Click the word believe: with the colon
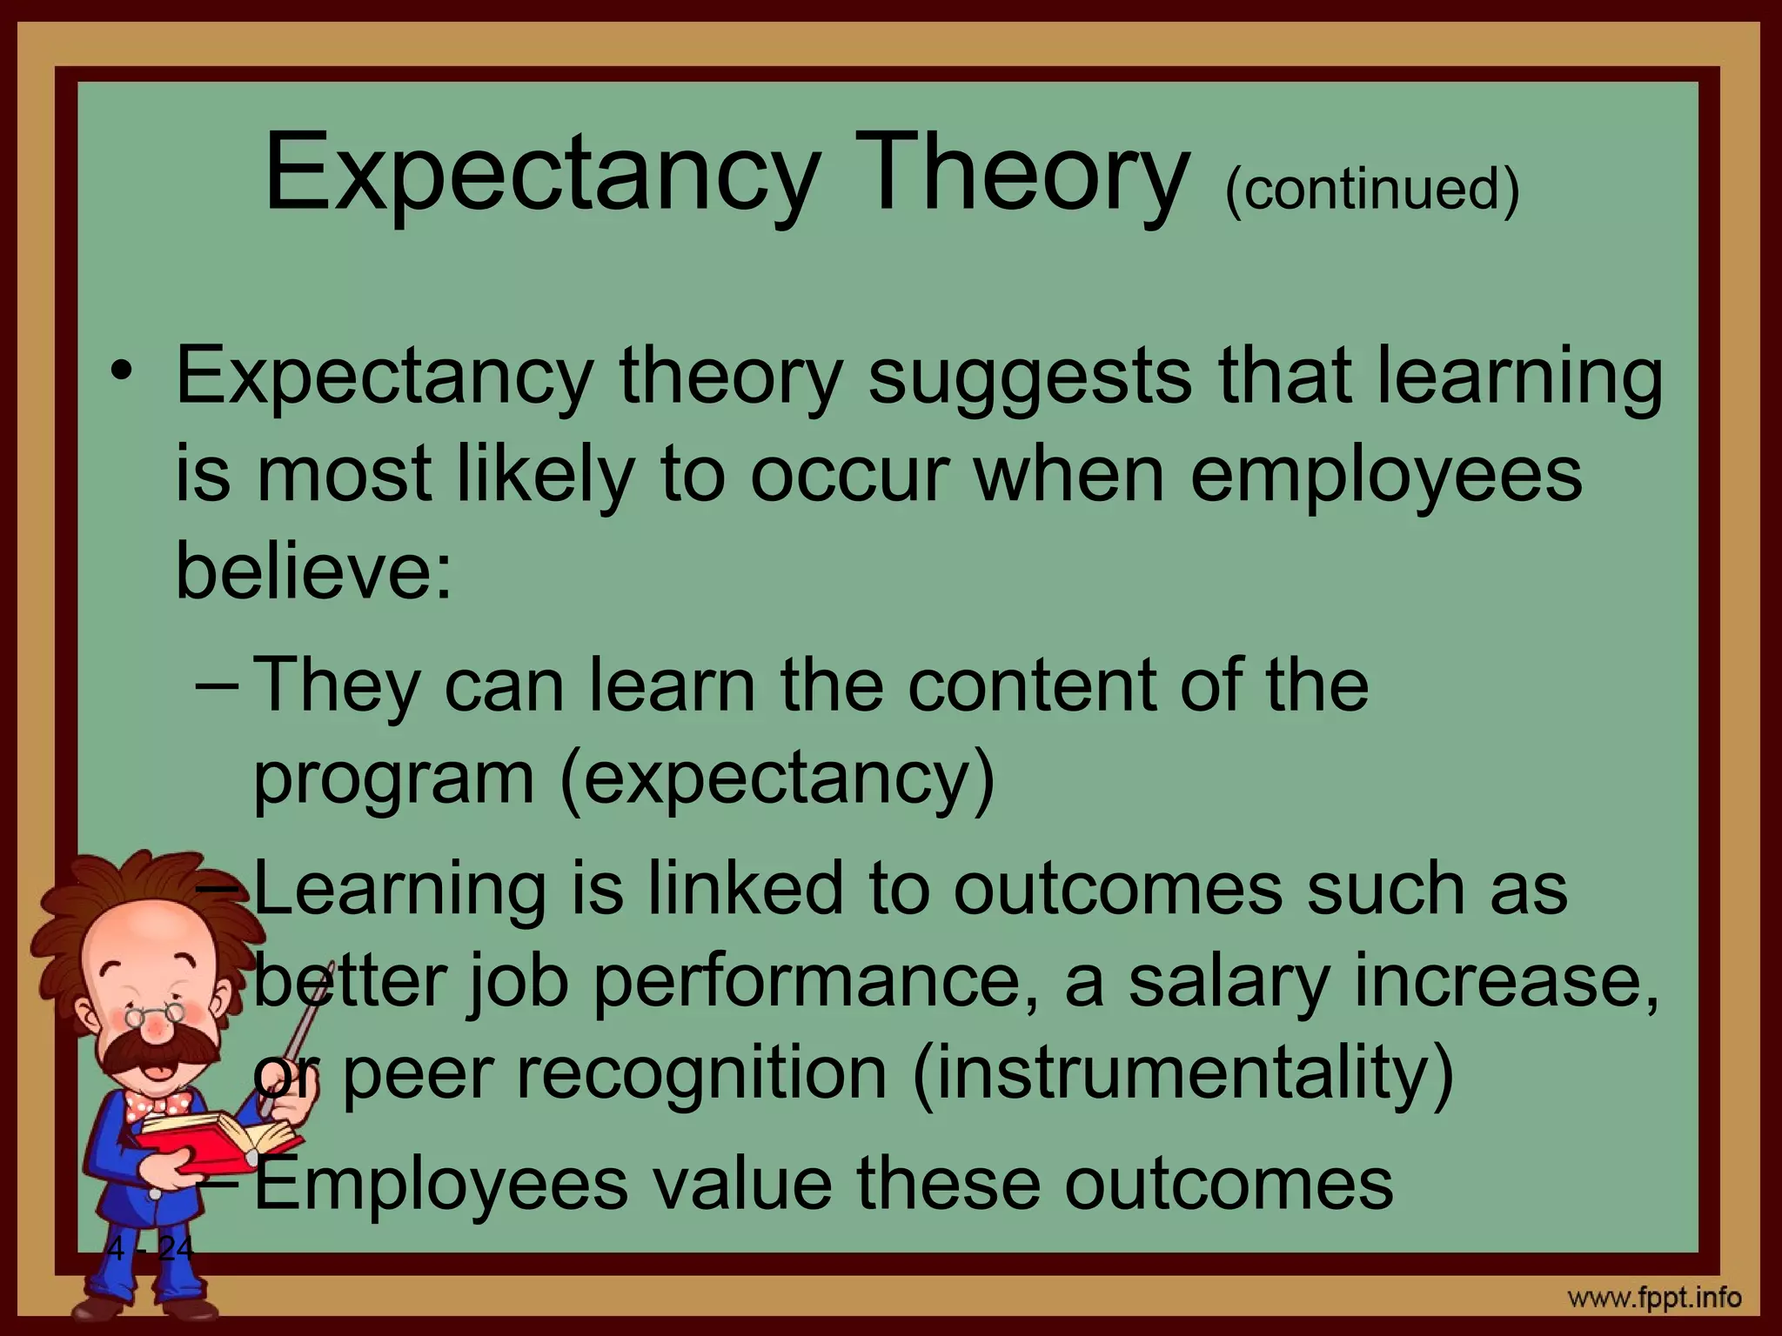(x=314, y=571)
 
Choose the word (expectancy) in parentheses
(x=777, y=776)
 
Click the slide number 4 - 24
(x=151, y=1249)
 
